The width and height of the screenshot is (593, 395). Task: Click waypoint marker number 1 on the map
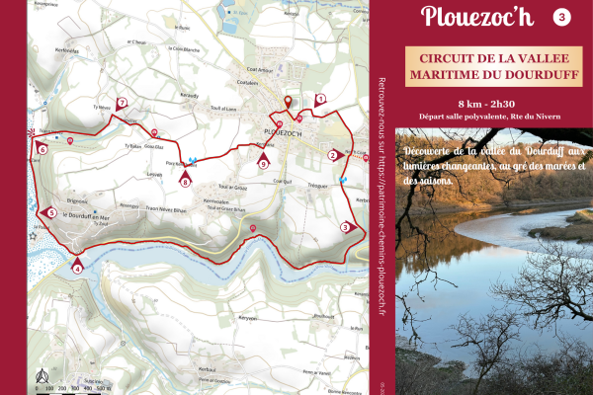(320, 100)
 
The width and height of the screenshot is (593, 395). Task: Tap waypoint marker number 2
(334, 154)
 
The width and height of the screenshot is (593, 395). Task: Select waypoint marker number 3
(346, 226)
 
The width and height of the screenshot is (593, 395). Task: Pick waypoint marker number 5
(49, 212)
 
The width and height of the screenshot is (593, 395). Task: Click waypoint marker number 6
(42, 149)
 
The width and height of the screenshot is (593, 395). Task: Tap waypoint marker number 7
(123, 103)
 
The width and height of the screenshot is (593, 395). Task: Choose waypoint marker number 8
(185, 179)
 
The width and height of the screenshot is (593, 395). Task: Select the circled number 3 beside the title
(562, 17)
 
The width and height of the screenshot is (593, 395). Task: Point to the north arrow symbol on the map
(42, 374)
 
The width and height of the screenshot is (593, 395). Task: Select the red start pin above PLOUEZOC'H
(289, 103)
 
